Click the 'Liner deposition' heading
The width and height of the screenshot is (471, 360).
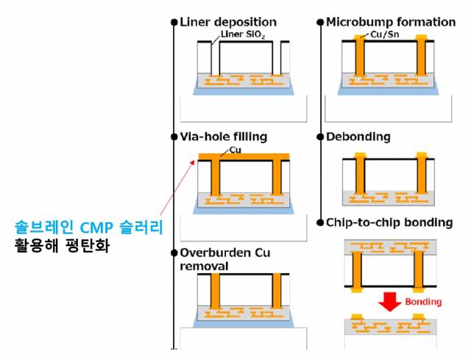(228, 22)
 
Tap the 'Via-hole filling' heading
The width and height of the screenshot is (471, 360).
(223, 137)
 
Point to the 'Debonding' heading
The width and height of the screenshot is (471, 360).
(358, 137)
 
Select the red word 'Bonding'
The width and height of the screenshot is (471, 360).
(423, 302)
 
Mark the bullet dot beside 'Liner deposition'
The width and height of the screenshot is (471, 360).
(174, 22)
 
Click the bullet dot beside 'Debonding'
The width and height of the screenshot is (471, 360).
(321, 137)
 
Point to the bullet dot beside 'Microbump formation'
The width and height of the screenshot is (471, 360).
(321, 22)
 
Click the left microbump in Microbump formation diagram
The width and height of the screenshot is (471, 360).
(360, 35)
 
